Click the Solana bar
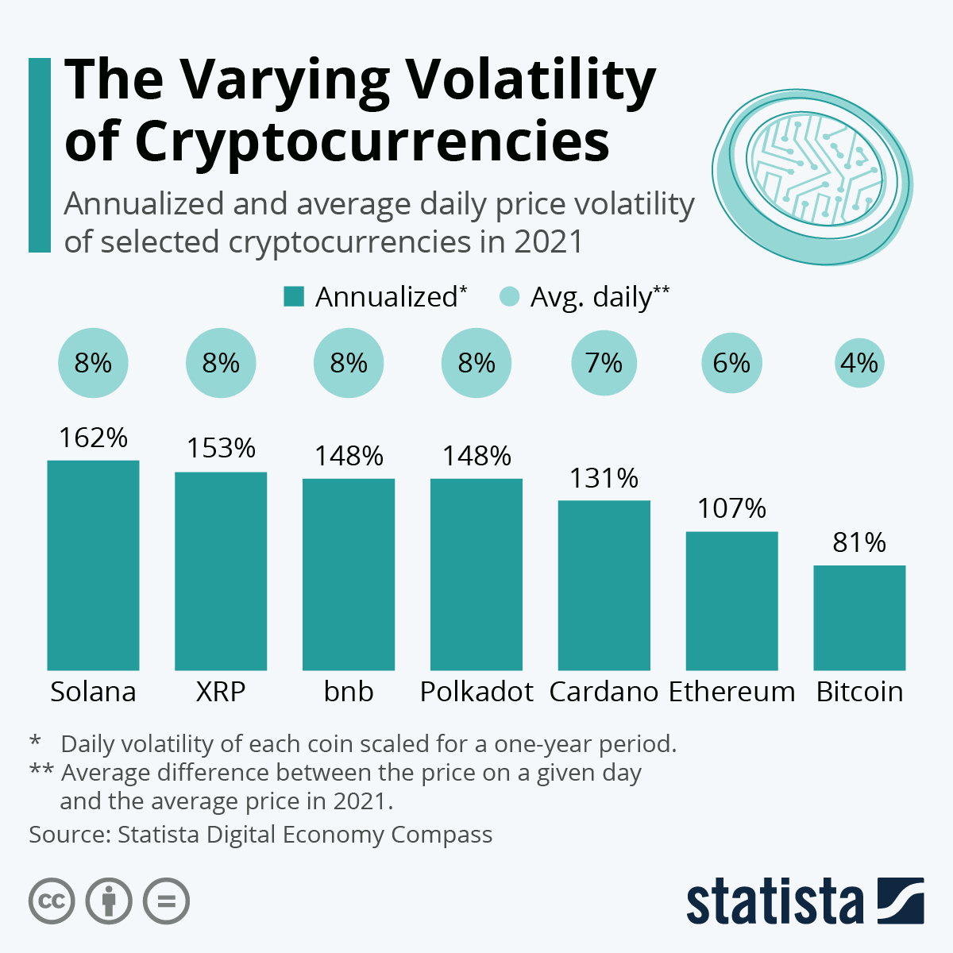[93, 565]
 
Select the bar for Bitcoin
[859, 617]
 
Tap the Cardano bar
[604, 585]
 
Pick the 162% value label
[93, 438]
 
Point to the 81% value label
[859, 542]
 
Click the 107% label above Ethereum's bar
[731, 508]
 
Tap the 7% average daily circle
[604, 363]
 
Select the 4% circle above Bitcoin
[859, 363]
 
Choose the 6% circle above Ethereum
[731, 363]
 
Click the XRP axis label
[221, 692]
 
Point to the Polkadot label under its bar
[476, 692]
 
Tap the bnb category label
[349, 692]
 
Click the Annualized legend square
[294, 297]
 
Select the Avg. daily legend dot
[509, 297]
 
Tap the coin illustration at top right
[810, 176]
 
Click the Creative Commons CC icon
[52, 901]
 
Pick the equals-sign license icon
[166, 901]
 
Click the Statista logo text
[774, 901]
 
